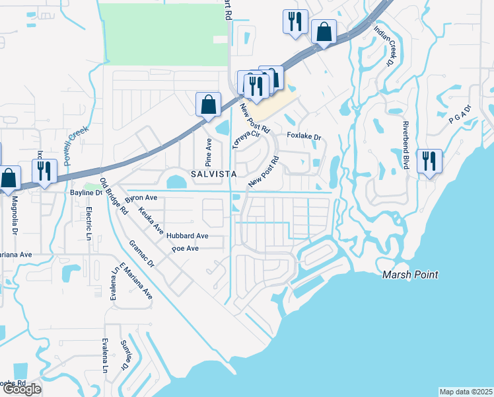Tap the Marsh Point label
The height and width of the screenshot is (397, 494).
tap(409, 275)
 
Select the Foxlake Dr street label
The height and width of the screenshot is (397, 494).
tap(304, 136)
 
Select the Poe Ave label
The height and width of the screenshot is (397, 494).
tap(185, 249)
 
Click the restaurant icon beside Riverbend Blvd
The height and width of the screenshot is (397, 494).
tap(429, 161)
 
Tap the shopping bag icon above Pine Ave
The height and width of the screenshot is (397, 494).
tap(208, 104)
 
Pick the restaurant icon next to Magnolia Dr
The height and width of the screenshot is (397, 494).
tap(44, 171)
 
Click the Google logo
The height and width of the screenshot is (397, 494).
tap(22, 389)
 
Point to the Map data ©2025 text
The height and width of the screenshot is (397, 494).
tap(466, 392)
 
